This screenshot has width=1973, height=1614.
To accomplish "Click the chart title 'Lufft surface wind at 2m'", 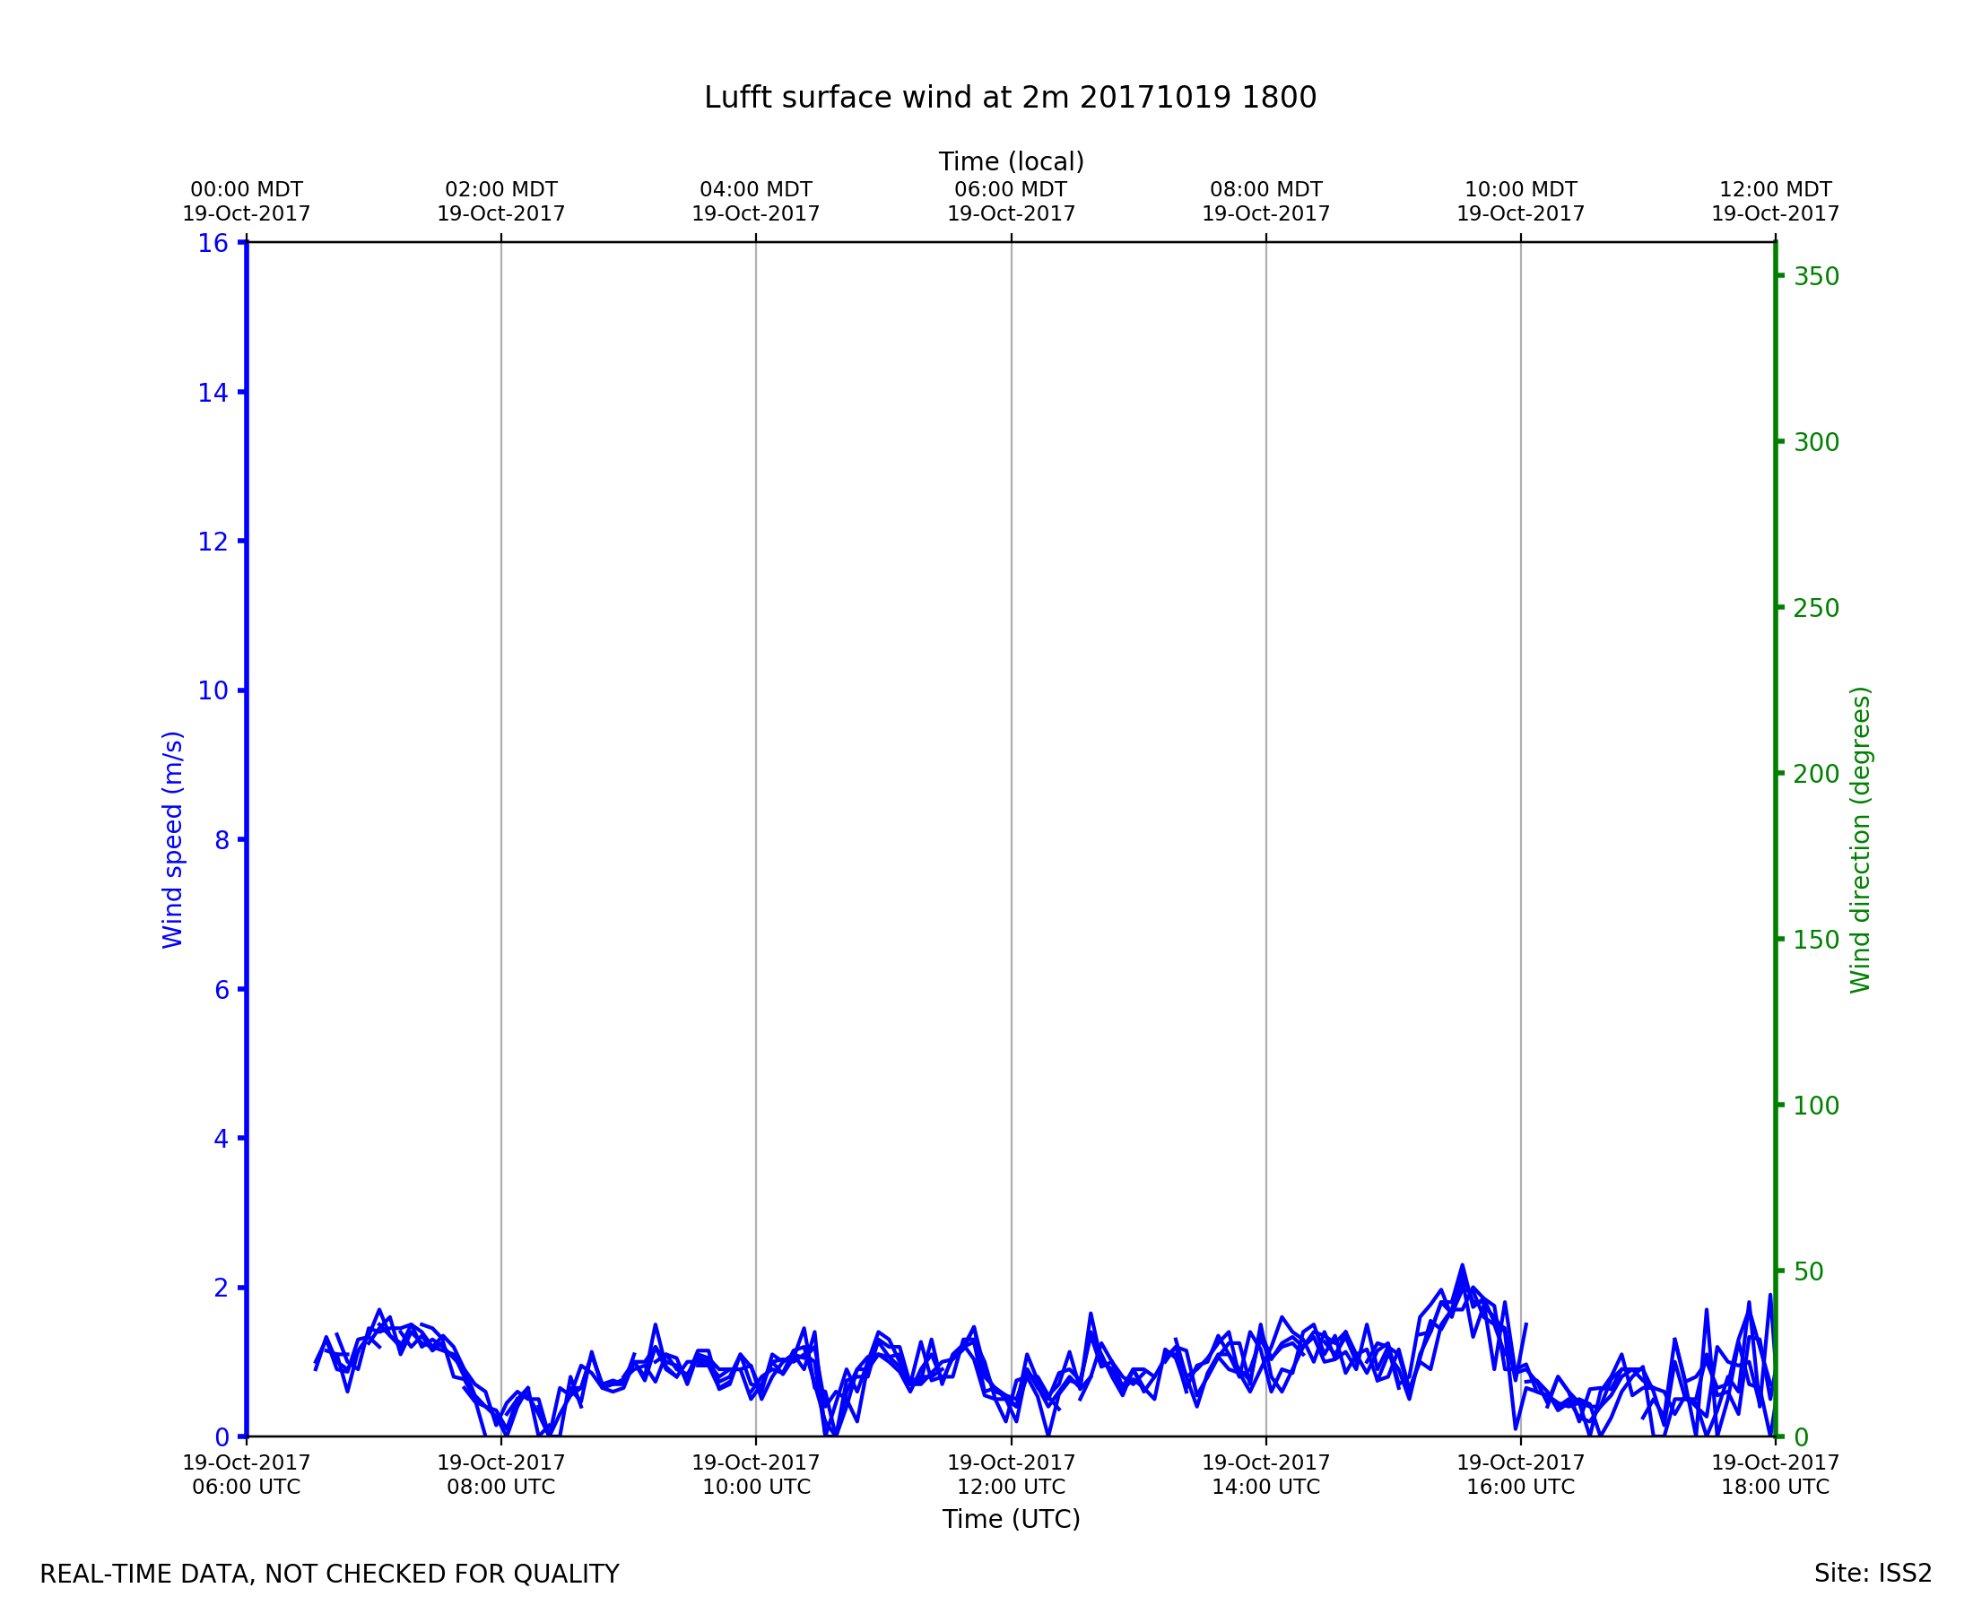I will (1010, 98).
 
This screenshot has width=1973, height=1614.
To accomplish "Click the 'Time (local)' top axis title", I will (1011, 161).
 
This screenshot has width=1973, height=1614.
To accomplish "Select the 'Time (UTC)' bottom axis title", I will (1011, 1519).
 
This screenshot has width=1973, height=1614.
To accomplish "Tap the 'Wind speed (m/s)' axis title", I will (173, 839).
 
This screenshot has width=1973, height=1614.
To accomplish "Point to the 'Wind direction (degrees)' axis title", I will (1860, 839).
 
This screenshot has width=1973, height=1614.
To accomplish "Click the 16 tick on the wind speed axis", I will (213, 244).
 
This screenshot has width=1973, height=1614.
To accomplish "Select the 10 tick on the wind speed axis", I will (213, 690).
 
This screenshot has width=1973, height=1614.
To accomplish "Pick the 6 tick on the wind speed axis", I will (222, 990).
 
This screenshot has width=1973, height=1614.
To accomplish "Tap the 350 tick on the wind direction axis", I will (1816, 277).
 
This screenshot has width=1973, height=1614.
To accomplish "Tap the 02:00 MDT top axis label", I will (501, 202).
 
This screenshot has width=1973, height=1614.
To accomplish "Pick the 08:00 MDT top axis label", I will (1265, 202).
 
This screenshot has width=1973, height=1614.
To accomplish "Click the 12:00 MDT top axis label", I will (1775, 202).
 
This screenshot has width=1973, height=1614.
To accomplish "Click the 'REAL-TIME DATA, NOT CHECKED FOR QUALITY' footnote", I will (329, 1574).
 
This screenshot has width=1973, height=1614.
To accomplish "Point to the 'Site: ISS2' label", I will (1873, 1573).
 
